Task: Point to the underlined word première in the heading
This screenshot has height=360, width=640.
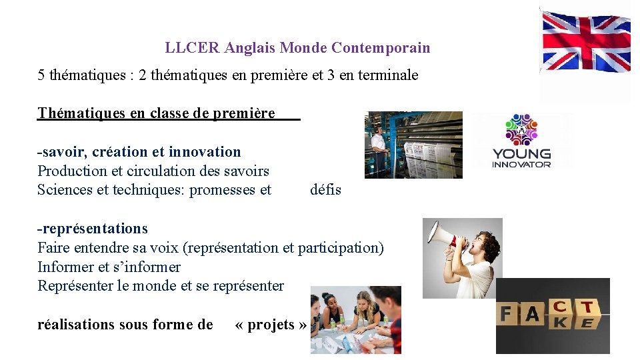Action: pos(244,113)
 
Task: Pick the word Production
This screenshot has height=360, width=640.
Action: pos(69,171)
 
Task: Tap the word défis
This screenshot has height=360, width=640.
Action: pos(325,190)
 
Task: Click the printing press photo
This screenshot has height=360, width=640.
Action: pos(413,145)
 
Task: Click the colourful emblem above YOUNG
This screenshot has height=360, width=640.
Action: pos(521,129)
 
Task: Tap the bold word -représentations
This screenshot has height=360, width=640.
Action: pos(93,229)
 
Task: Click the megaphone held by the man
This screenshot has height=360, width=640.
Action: pos(445,233)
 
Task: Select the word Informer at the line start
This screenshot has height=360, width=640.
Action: pos(66,267)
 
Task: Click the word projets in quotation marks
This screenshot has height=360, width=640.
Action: pos(271,325)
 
